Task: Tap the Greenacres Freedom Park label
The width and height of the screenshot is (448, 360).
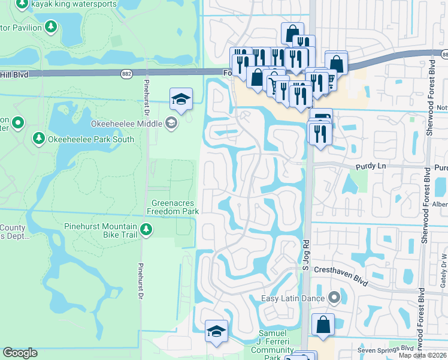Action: (175, 207)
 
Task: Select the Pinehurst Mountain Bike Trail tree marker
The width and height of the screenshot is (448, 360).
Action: (146, 229)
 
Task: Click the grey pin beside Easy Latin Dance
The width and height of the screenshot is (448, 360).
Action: (334, 298)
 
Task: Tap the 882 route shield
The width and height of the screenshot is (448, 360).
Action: (126, 74)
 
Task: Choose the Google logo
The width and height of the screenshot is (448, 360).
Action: (20, 353)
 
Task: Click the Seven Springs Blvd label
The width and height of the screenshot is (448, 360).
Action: (386, 349)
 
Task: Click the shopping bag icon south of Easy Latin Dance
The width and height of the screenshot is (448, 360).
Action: (323, 325)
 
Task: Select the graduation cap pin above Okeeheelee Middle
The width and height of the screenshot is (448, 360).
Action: (181, 99)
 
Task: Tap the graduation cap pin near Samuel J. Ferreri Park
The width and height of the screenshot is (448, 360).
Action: (216, 331)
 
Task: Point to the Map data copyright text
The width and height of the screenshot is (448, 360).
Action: (423, 355)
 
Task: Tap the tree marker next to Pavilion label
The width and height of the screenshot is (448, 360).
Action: (52, 27)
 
